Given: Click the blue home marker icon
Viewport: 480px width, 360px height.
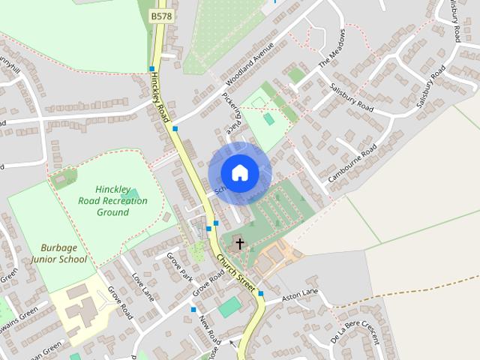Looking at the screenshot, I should pyautogui.click(x=239, y=173).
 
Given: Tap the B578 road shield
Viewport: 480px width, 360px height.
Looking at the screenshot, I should pyautogui.click(x=160, y=15).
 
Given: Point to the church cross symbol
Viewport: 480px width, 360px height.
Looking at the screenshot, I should pyautogui.click(x=239, y=243).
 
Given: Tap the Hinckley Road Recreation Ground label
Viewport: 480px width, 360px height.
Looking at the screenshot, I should pyautogui.click(x=112, y=201).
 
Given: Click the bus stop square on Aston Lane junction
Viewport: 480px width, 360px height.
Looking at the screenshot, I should pyautogui.click(x=261, y=293).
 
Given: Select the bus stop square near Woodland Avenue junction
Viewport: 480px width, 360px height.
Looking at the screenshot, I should pyautogui.click(x=175, y=129).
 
